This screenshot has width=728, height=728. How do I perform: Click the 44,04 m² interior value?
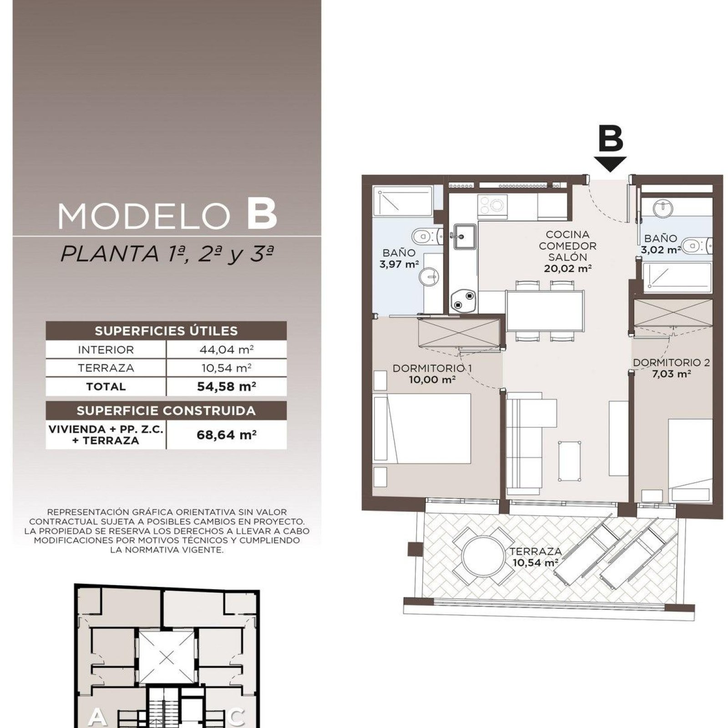click(226, 350)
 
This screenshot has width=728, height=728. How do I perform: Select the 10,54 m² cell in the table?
click(226, 368)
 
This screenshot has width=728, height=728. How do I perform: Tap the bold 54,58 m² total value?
click(226, 386)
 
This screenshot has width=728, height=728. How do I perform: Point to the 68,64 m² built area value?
click(226, 435)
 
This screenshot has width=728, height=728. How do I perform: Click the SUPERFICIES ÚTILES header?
click(166, 331)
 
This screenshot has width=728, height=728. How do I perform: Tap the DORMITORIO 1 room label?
click(432, 368)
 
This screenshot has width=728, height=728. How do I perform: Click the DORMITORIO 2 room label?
click(671, 363)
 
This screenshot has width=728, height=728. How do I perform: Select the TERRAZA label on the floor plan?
click(536, 551)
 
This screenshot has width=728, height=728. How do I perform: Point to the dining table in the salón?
click(544, 310)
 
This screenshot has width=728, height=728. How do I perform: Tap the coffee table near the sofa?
click(569, 460)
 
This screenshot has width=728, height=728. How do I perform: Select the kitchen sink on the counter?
click(464, 237)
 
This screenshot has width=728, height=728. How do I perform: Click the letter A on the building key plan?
click(97, 717)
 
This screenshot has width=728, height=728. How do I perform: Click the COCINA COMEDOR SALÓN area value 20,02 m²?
click(567, 269)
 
